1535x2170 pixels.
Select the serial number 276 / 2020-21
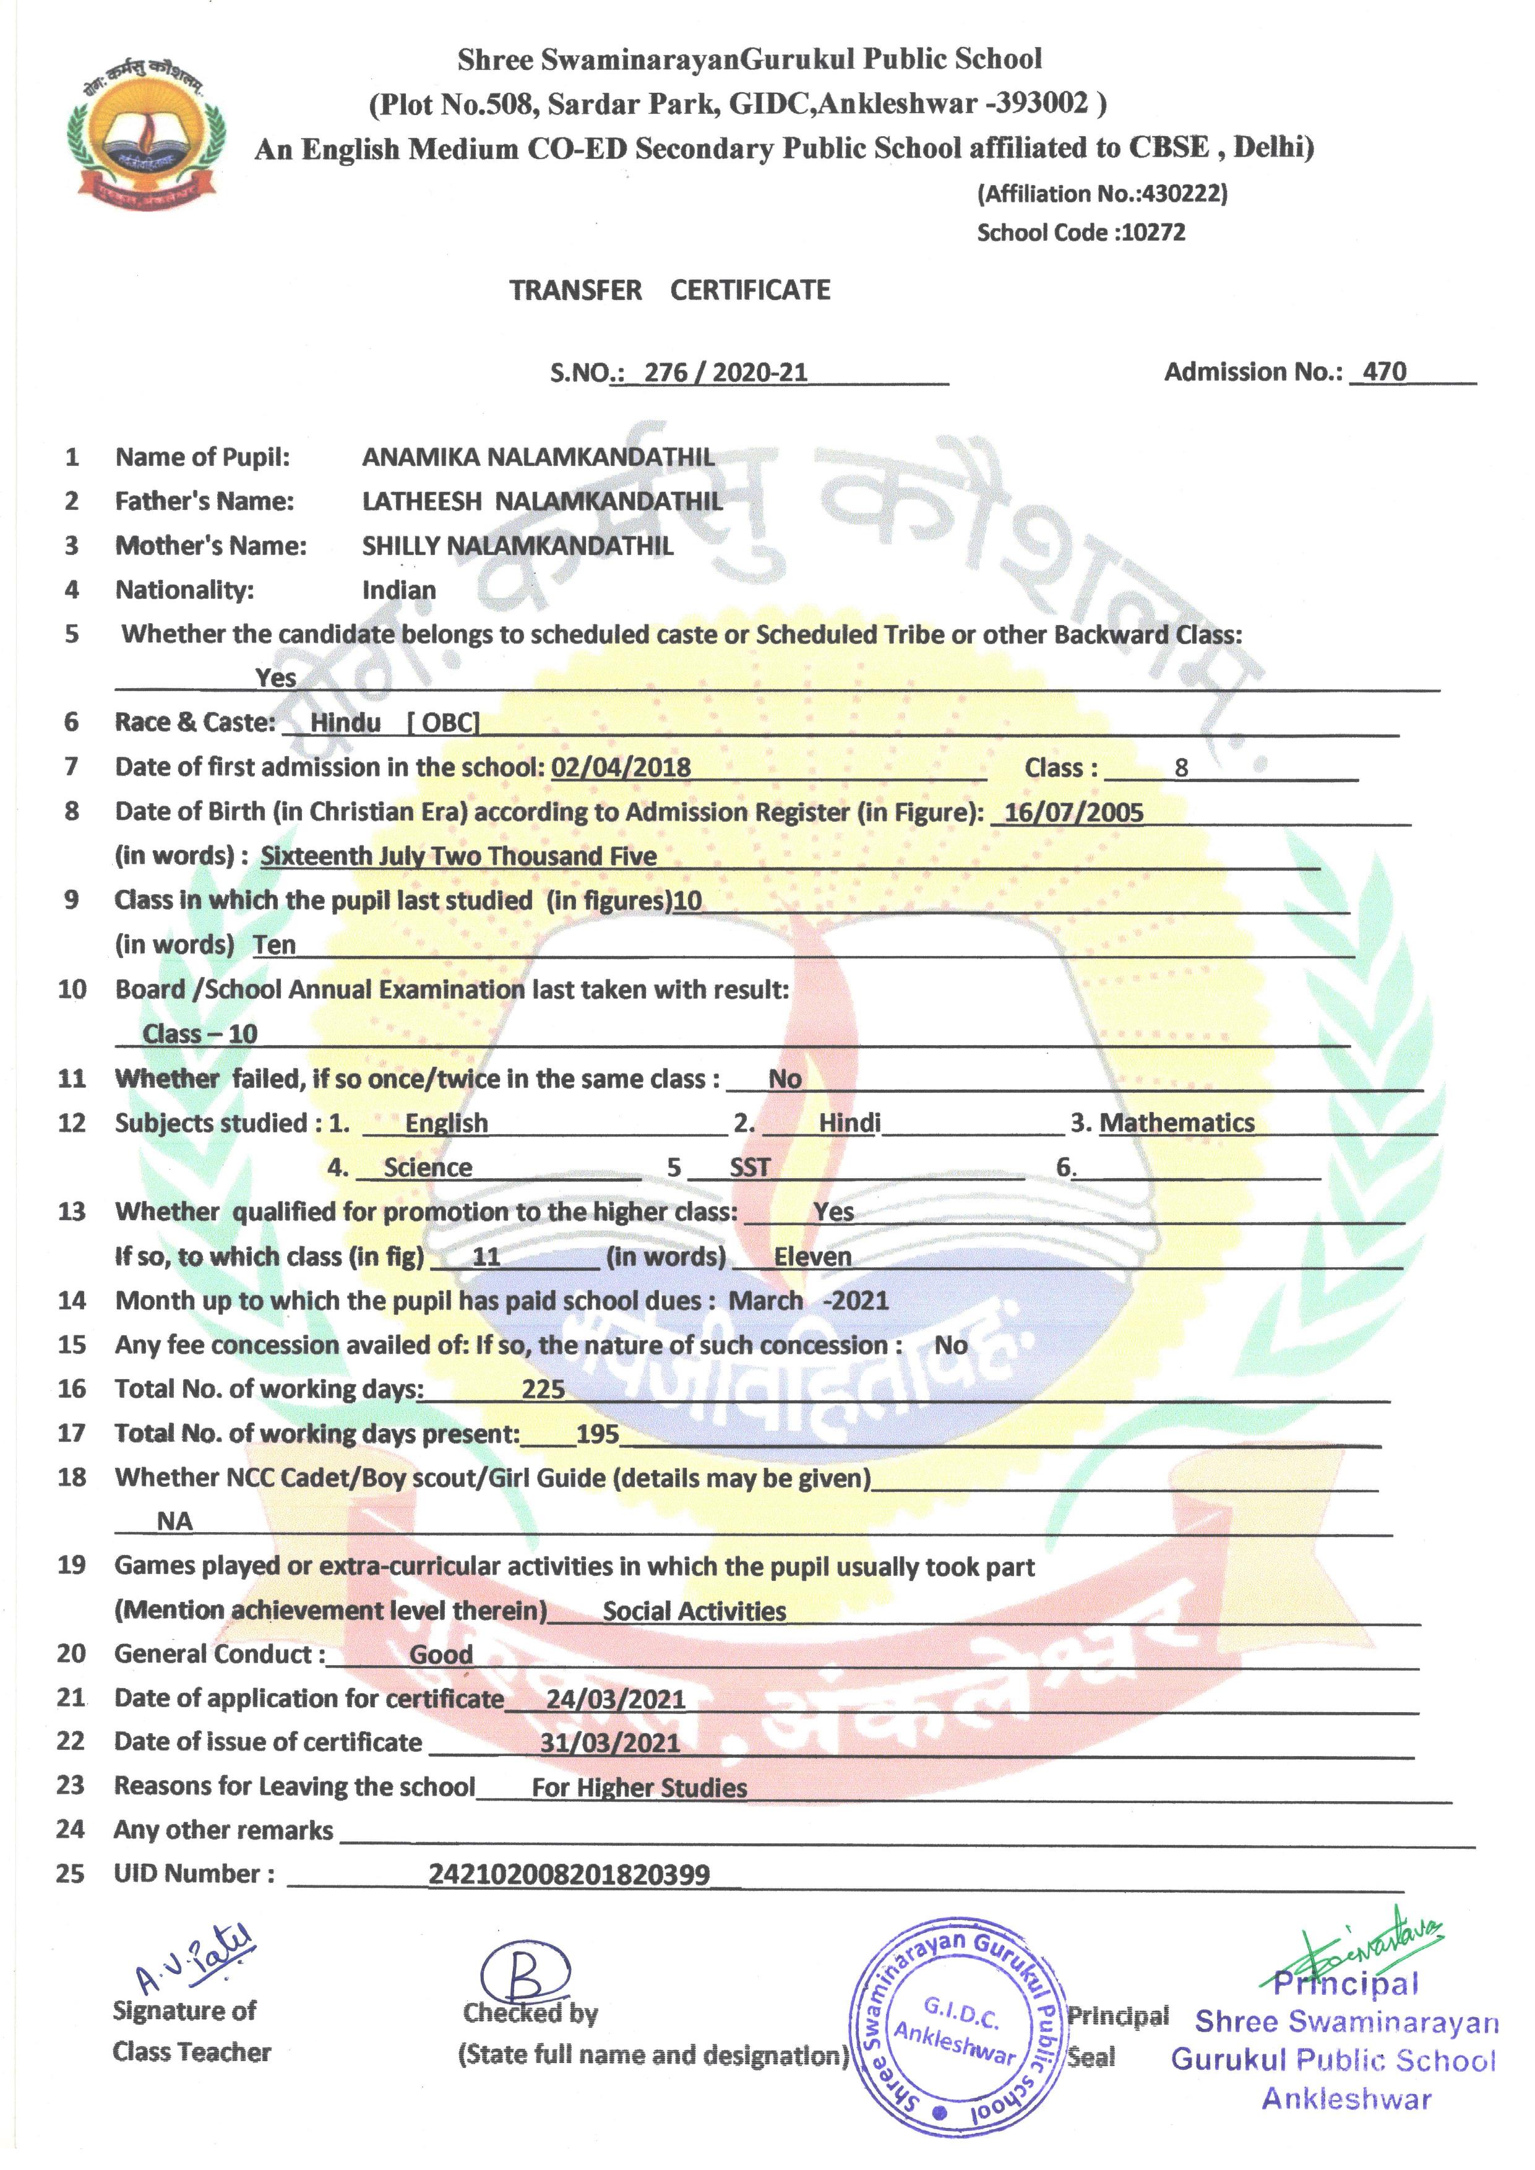[x=725, y=372]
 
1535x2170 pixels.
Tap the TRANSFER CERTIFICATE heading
[x=669, y=290]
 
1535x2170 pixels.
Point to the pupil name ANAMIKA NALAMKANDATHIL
[x=538, y=457]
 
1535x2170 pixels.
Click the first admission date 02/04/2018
[x=621, y=767]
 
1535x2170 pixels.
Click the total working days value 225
[x=543, y=1389]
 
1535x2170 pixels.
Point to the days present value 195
[x=598, y=1433]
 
